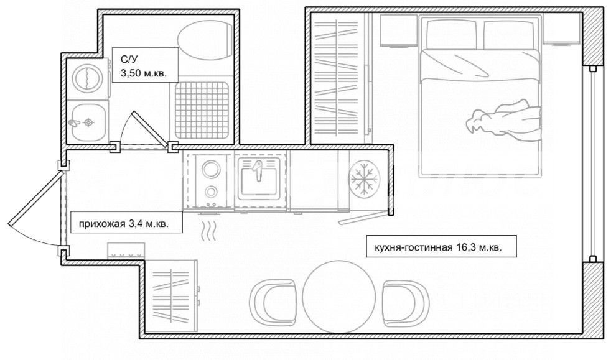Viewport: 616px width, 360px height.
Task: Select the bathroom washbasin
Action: point(88,122)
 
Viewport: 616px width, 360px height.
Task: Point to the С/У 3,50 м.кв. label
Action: point(144,65)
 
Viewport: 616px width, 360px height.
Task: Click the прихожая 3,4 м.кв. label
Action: point(124,224)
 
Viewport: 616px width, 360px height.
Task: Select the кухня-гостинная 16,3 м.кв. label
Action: point(439,247)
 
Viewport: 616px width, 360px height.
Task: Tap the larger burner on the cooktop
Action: point(210,170)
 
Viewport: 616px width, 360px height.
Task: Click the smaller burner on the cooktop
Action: point(211,192)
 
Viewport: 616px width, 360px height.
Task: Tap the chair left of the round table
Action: point(273,303)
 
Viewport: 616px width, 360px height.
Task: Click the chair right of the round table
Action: point(406,303)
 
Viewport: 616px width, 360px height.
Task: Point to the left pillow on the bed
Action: point(452,35)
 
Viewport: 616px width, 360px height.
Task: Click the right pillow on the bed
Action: point(510,35)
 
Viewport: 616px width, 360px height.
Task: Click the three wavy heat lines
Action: point(210,231)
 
